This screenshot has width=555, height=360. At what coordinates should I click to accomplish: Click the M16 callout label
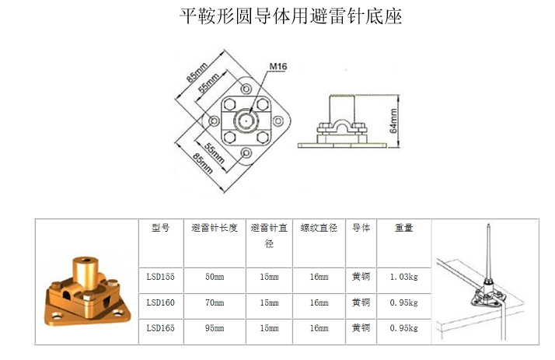277,67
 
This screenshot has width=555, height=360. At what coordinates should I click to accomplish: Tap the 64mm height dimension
393,121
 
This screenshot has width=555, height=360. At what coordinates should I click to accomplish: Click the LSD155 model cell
161,277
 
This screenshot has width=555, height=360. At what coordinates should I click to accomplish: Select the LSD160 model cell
161,302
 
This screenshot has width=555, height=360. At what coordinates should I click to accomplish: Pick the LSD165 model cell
161,328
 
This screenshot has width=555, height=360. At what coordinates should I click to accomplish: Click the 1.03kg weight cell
404,277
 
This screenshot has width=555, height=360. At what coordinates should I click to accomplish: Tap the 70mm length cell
215,302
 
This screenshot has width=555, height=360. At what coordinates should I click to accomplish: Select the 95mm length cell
215,328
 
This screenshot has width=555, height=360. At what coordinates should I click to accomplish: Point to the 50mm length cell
215,277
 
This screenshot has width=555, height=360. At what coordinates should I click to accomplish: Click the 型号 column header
161,228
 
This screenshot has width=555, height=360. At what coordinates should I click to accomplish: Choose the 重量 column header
404,228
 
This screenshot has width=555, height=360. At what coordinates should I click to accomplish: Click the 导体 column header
361,228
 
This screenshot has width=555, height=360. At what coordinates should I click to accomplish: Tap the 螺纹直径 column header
319,228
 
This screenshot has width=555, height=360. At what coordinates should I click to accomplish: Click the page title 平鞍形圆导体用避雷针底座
291,16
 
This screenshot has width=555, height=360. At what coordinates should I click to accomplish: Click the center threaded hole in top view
246,121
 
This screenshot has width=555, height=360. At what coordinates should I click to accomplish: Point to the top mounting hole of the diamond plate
246,88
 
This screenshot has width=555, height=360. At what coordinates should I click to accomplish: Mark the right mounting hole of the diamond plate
278,121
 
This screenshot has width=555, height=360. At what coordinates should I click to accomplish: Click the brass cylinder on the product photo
85,271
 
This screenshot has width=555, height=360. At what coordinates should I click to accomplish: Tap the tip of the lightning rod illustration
488,224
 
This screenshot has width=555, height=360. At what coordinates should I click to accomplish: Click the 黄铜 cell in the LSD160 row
361,302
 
